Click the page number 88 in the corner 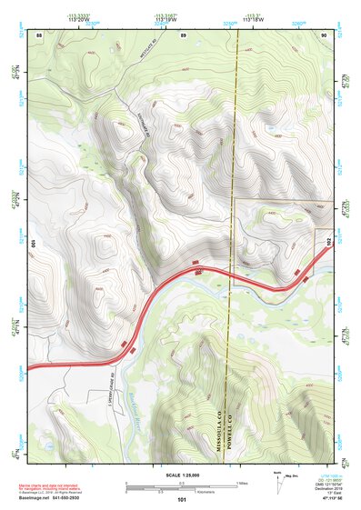coord(37,34)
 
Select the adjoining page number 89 coord(183,34)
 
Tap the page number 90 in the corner coord(325,34)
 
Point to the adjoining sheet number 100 coord(33,244)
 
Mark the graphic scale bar coord(181,483)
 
